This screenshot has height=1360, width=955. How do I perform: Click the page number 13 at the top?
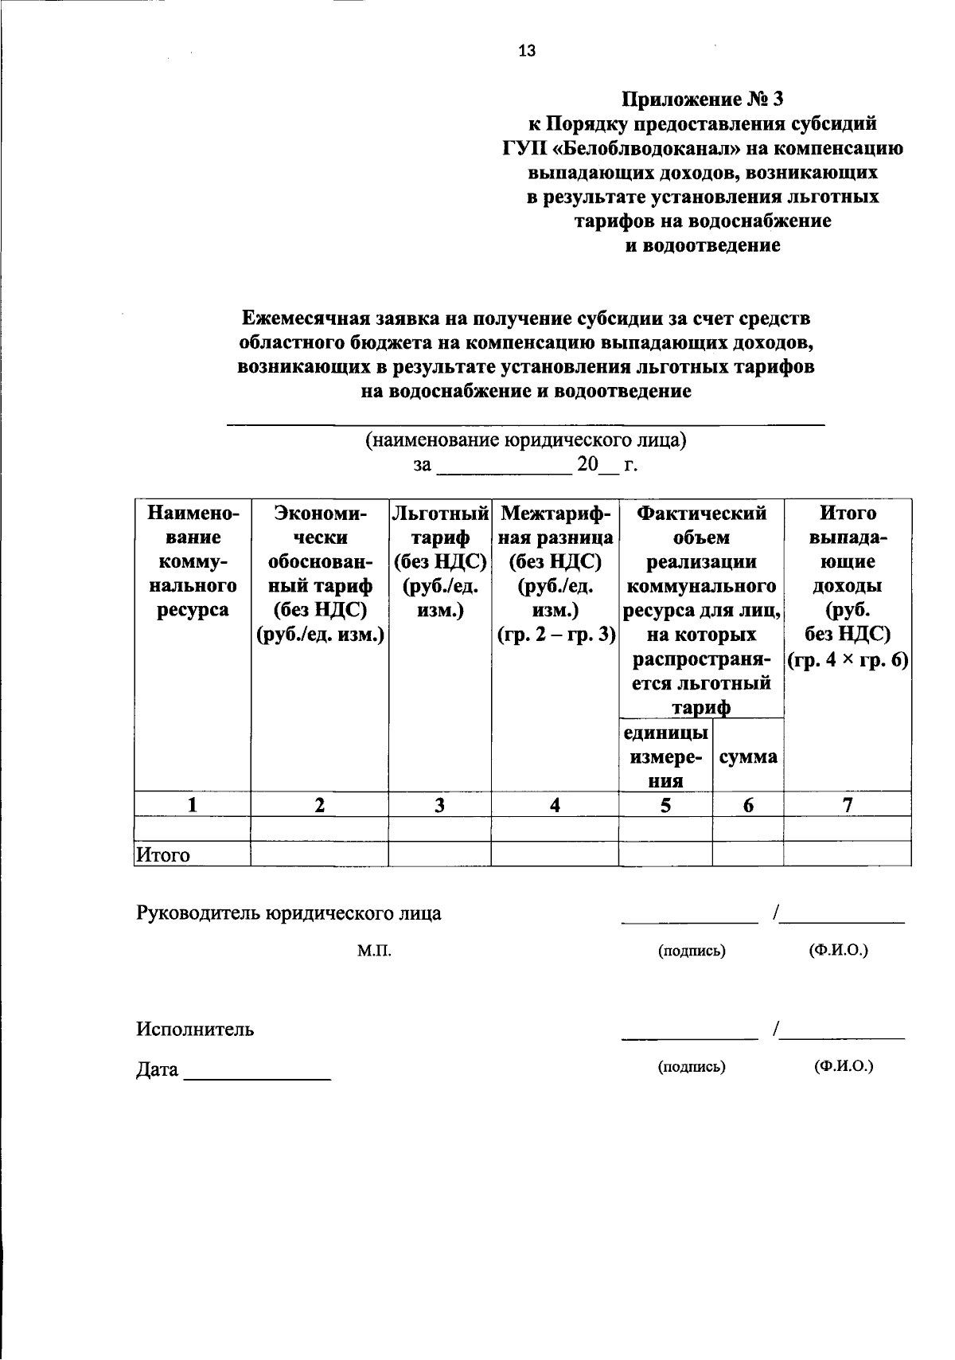click(527, 51)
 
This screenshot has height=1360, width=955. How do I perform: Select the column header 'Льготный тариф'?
click(439, 561)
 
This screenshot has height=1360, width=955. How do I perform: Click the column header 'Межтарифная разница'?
click(555, 573)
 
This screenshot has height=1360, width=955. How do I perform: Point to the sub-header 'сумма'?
click(747, 756)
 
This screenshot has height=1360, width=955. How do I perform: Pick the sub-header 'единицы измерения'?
click(665, 756)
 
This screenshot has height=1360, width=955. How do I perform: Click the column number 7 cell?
click(848, 805)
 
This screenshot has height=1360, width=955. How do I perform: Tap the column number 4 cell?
click(555, 805)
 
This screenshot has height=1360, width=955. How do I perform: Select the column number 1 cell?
click(192, 805)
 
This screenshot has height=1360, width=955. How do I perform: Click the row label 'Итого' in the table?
click(164, 855)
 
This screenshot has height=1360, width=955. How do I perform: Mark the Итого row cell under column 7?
click(848, 854)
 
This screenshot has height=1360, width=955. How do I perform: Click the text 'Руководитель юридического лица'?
click(288, 913)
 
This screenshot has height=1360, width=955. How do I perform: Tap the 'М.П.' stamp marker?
click(374, 951)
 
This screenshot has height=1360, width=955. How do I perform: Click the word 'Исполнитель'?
click(195, 1029)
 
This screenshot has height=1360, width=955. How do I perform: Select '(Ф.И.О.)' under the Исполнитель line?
click(844, 1066)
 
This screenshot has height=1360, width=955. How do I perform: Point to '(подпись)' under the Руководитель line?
click(692, 951)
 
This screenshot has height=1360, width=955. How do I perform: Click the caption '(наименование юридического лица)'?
click(525, 440)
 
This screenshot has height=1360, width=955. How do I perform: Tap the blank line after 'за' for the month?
click(505, 468)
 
